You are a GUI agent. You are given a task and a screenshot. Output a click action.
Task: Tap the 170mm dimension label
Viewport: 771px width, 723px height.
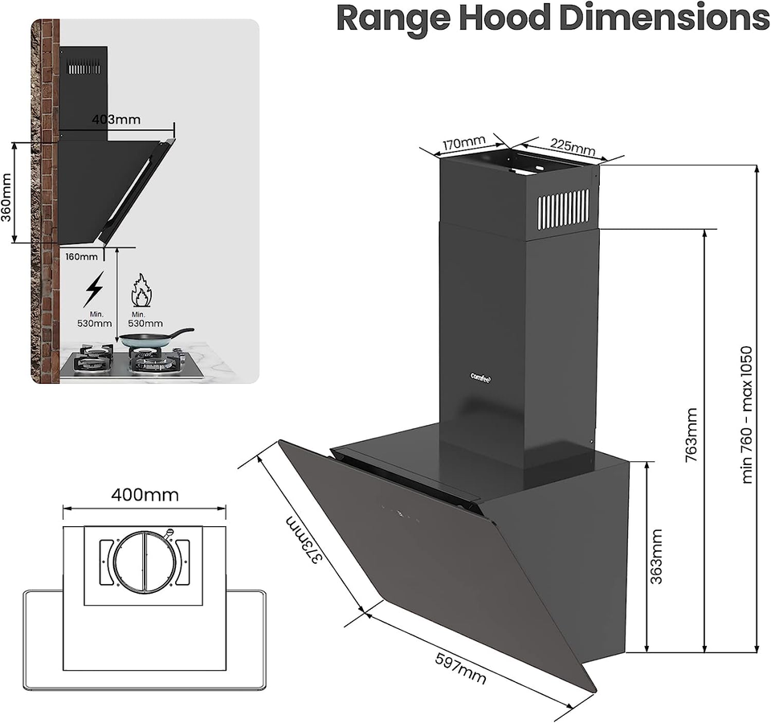[x=463, y=145]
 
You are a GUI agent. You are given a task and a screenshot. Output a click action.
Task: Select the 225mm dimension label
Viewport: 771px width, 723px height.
[x=573, y=146]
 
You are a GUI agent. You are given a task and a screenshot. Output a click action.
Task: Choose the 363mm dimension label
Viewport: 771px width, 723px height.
[x=656, y=556]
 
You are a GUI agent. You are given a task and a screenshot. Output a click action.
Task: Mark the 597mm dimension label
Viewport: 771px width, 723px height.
[x=460, y=667]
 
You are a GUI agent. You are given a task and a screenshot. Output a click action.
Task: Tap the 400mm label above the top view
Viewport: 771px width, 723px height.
[x=145, y=494]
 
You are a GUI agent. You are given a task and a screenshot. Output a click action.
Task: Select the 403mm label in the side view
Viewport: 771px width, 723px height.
[x=116, y=120]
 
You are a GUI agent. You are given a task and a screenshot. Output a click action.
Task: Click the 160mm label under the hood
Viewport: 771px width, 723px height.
[x=82, y=257]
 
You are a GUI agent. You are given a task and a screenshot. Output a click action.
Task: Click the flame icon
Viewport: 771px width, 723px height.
[x=141, y=289]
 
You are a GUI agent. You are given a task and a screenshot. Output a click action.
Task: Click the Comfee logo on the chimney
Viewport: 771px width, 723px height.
[x=483, y=375]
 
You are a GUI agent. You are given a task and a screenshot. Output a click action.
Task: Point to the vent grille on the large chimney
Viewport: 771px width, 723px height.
[x=563, y=209]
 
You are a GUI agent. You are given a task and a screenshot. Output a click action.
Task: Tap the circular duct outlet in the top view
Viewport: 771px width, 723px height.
[x=144, y=559]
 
